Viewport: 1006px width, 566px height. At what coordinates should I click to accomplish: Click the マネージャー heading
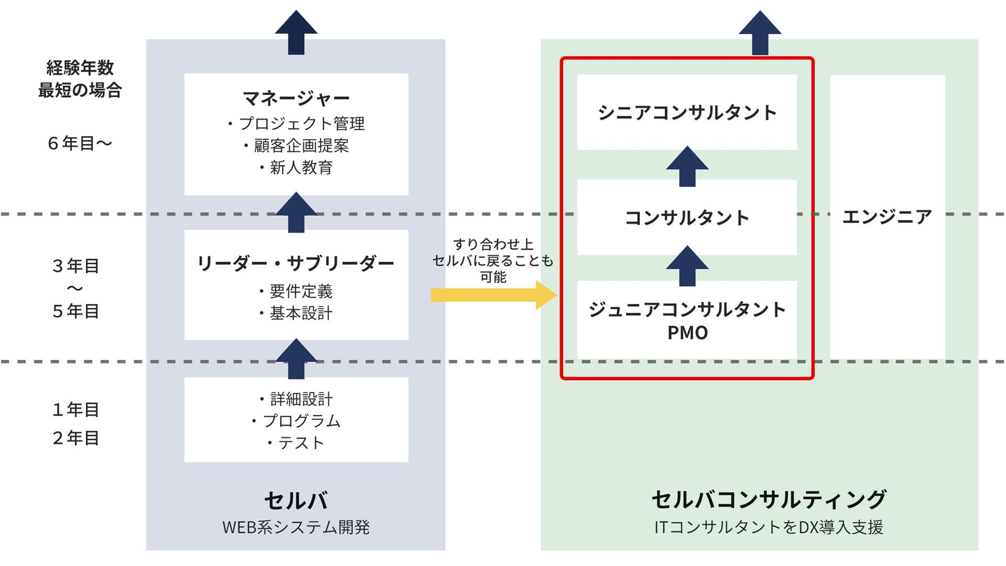tap(296, 97)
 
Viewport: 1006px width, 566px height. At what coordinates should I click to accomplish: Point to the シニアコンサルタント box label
tap(687, 113)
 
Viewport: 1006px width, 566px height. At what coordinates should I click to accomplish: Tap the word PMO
tap(687, 333)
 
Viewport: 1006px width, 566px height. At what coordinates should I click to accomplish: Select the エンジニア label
tap(887, 217)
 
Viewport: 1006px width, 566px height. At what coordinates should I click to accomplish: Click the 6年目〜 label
tap(80, 144)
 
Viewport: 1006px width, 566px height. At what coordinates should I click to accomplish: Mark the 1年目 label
tap(75, 409)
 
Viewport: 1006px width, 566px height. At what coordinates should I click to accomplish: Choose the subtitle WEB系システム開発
tap(296, 527)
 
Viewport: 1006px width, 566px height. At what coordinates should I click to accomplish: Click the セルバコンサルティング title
tap(768, 500)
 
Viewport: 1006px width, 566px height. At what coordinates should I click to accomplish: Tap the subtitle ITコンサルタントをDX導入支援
tap(768, 527)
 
